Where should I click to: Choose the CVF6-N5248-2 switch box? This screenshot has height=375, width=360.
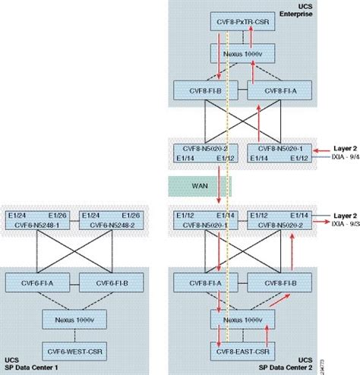pos(110,219)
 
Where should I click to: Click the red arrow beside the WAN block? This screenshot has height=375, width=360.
pos(219,186)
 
